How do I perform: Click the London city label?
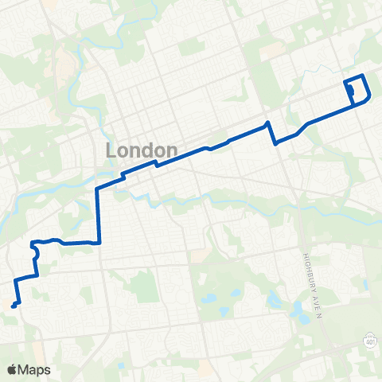(141, 150)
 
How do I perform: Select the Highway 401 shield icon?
(371, 341)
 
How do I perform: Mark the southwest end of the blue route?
(13, 305)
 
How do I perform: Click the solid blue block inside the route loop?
(351, 92)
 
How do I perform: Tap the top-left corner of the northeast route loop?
(344, 82)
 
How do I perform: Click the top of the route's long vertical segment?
(97, 189)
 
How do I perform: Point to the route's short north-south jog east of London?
(271, 134)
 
